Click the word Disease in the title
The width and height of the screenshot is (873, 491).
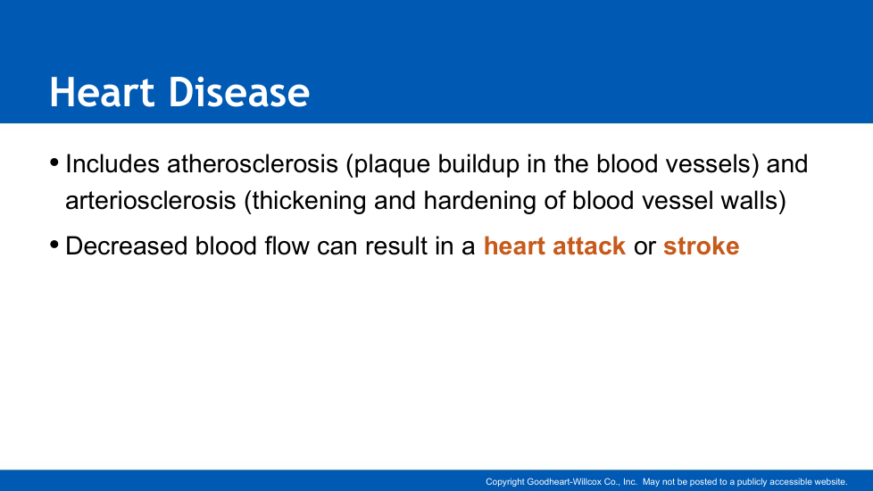click(x=239, y=92)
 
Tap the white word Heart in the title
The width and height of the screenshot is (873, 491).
click(x=102, y=92)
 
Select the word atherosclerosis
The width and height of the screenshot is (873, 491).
click(x=253, y=163)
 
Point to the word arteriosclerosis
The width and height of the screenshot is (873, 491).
click(x=150, y=200)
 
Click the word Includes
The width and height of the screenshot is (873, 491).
click(x=112, y=163)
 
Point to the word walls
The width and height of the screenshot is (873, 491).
click(x=753, y=201)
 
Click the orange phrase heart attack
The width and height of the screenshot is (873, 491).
click(x=554, y=246)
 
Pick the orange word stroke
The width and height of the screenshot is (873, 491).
click(x=701, y=246)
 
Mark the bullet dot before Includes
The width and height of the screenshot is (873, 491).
click(x=54, y=162)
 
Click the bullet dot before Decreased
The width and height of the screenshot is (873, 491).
click(x=54, y=245)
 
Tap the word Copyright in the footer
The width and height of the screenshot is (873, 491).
click(x=505, y=482)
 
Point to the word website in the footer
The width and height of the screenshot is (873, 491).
click(x=830, y=482)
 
